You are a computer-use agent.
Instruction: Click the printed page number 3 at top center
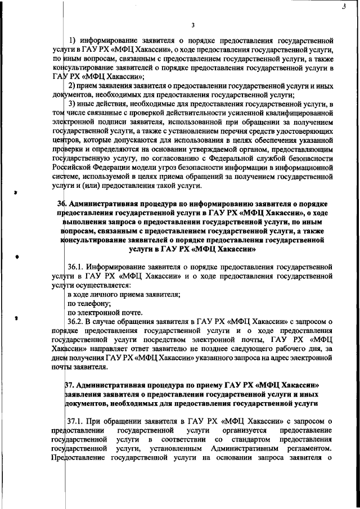coord(192,25)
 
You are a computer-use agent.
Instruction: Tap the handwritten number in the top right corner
coord(343,7)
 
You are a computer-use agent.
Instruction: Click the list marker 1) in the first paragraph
coord(73,40)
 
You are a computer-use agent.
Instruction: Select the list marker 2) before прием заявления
coord(72,85)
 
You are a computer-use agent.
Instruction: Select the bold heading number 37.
coord(73,384)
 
